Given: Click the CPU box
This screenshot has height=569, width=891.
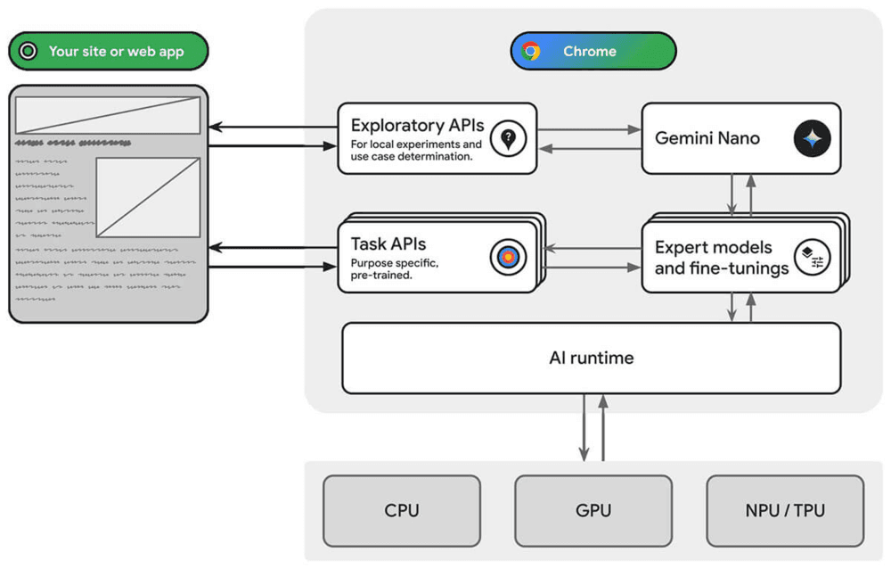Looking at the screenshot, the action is tap(402, 510).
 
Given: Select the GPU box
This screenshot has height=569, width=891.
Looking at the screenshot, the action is tap(593, 510).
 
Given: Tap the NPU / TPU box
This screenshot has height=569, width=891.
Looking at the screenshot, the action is tap(785, 510).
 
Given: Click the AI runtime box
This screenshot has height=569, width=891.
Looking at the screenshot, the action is tap(591, 358).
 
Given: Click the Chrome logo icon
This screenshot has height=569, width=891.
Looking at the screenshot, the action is tap(532, 51).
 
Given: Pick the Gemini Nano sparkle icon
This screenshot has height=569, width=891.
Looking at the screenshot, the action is tap(812, 138).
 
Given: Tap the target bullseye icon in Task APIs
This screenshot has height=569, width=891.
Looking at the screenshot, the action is tap(508, 258).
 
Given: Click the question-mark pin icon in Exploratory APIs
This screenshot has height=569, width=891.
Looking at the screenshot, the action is tap(508, 138).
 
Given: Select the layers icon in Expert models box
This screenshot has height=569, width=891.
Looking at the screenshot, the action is tap(812, 257).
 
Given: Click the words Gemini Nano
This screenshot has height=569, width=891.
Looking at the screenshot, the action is tap(707, 138).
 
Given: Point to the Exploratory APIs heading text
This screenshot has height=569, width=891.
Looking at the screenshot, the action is tap(417, 125).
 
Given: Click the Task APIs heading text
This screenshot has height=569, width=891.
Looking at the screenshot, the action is tap(388, 244).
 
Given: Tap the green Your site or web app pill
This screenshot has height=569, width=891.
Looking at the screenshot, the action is tap(108, 51).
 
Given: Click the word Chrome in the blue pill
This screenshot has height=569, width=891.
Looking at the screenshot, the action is tap(589, 51).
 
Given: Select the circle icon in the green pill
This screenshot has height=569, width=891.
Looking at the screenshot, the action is tap(29, 51).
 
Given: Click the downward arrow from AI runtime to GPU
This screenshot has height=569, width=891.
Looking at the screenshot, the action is tap(584, 427).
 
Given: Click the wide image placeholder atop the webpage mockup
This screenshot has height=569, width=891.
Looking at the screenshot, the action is tap(108, 115).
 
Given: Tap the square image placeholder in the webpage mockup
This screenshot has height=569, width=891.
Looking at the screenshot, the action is tap(148, 197).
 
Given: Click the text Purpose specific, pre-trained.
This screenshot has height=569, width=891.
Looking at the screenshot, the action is tap(395, 269).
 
